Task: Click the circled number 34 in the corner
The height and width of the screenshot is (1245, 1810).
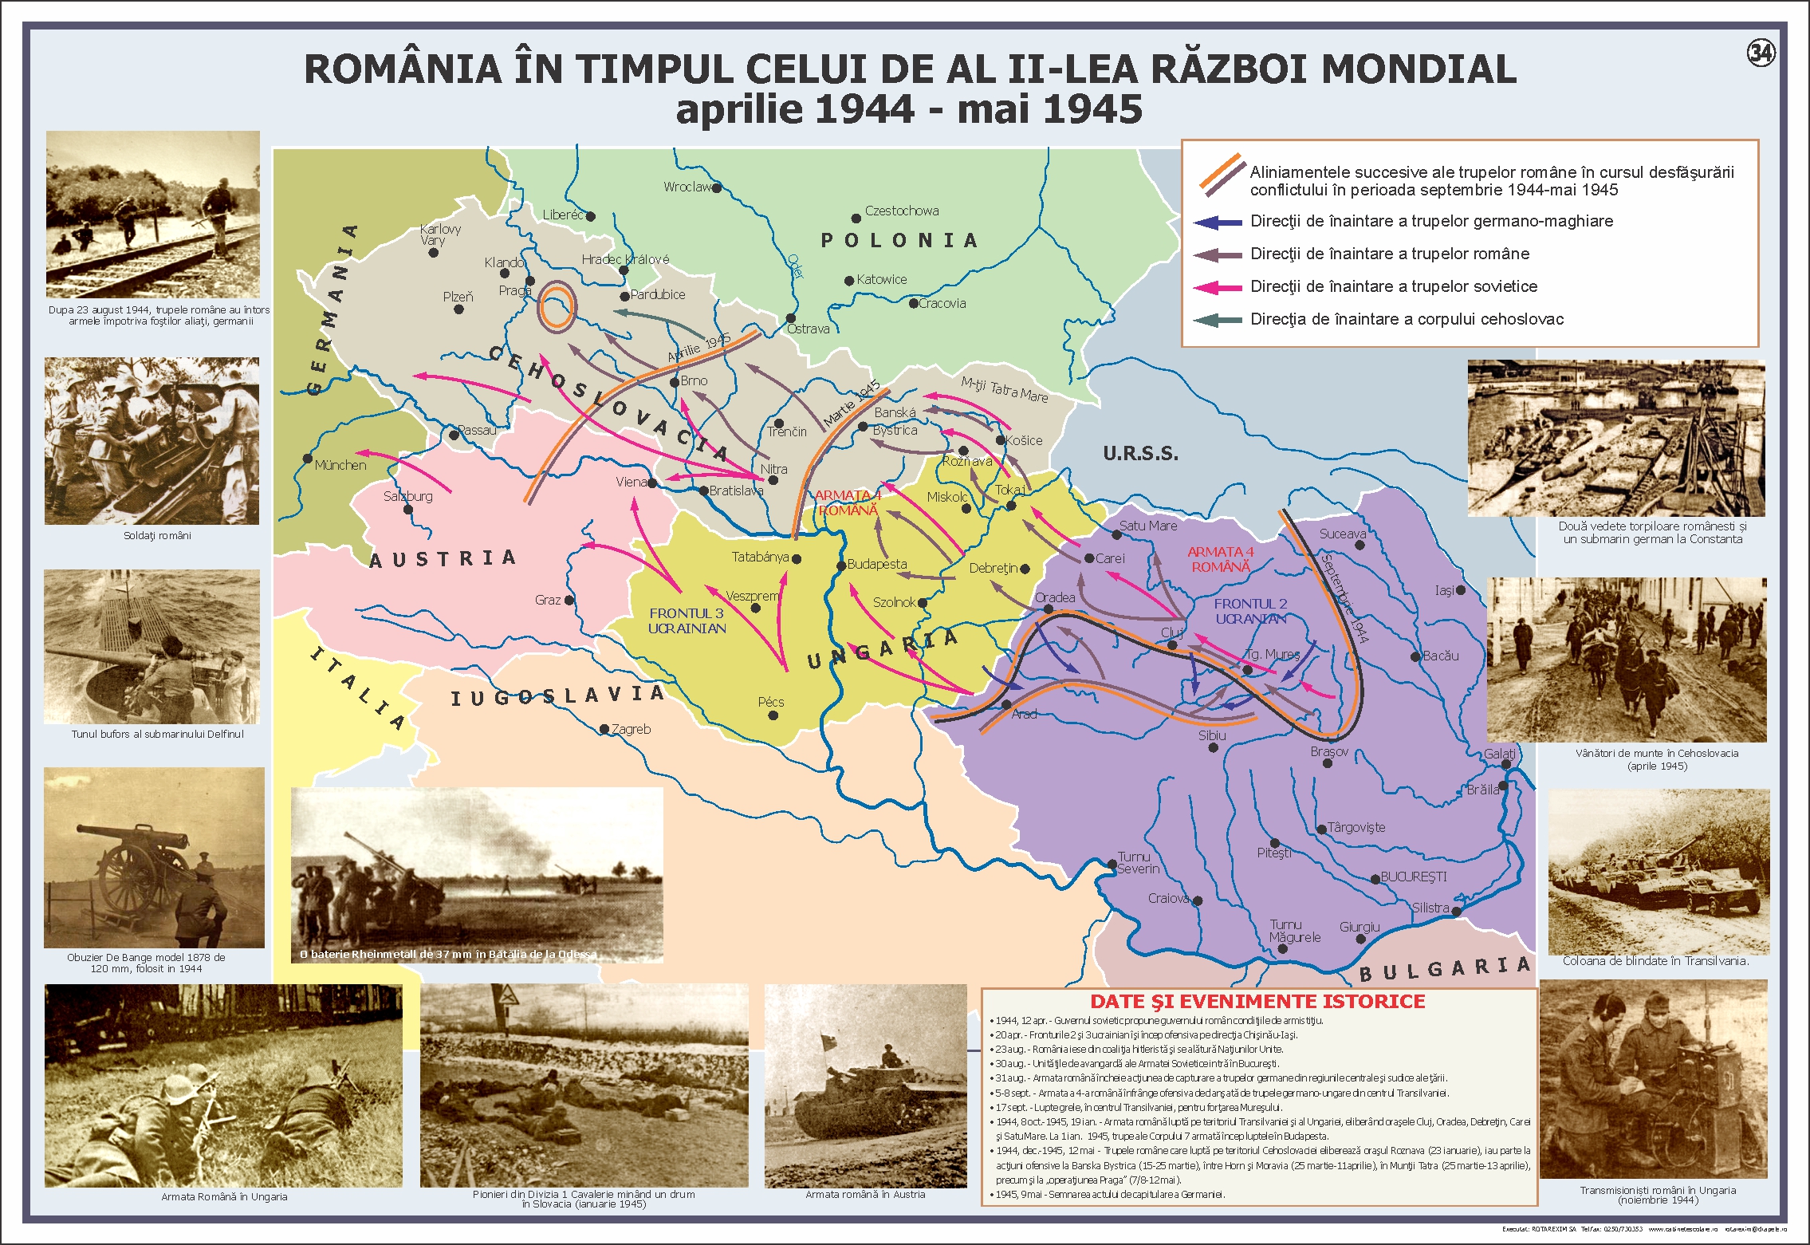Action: point(1761,53)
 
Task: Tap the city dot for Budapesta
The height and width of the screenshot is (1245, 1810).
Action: point(840,565)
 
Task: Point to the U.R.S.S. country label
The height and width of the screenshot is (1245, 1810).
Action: point(1140,454)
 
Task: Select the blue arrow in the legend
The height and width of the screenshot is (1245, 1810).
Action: point(1218,223)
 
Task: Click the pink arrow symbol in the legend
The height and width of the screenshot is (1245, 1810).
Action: point(1218,288)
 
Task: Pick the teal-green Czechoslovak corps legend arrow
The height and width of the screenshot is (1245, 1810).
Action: point(1218,321)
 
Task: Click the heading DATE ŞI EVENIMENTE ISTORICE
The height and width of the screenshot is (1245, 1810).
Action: point(1257,1002)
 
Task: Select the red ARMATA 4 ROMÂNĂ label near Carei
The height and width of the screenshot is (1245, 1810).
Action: point(1221,559)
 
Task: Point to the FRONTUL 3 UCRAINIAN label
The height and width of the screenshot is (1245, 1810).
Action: point(687,621)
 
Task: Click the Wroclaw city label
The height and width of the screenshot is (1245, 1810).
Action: point(687,187)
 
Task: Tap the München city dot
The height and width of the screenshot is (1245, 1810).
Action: point(308,459)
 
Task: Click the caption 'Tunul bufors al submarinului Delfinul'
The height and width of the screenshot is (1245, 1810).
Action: point(157,734)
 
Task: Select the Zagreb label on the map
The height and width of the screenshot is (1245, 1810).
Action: point(631,729)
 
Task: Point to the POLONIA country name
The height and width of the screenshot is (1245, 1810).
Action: point(899,240)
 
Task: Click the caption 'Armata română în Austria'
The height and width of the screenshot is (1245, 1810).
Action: point(865,1194)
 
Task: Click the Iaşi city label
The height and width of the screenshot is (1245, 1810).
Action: point(1444,591)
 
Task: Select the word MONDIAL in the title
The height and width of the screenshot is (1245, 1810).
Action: point(1418,69)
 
